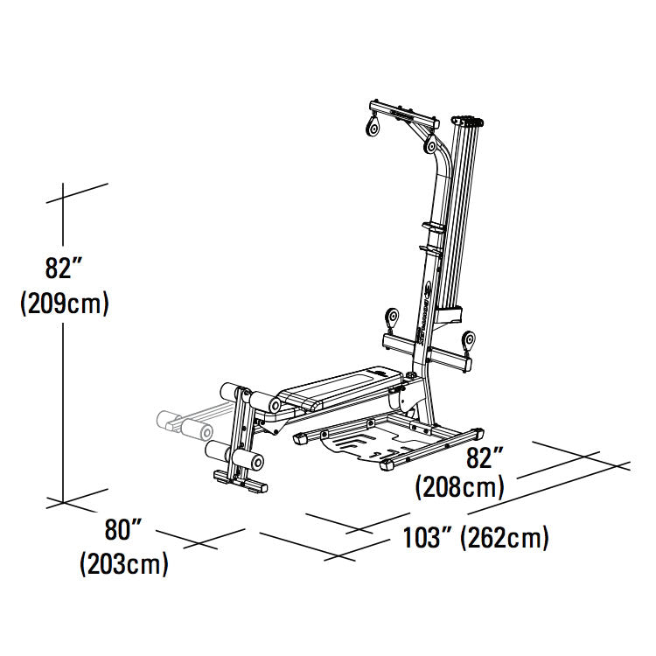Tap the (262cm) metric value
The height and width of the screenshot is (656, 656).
point(506,538)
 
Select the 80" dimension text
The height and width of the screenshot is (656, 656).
point(124,530)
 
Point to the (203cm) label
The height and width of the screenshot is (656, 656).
point(124,564)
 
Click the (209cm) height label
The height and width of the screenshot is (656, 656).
point(64,304)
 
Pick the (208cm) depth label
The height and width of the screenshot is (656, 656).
point(459,486)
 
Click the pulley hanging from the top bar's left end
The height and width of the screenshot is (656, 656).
point(372,129)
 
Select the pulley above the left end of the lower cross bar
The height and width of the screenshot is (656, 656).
point(391,316)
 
